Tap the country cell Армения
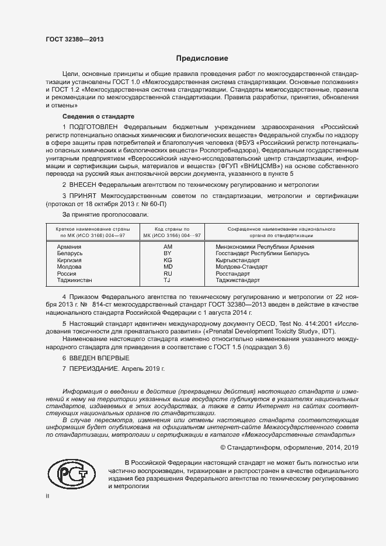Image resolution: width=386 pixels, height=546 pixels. pyautogui.click(x=69, y=247)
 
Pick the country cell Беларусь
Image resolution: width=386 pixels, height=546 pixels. pyautogui.click(x=70, y=253)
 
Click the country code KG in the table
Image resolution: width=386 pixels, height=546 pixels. pyautogui.click(x=168, y=260)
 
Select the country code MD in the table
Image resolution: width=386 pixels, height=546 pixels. pyautogui.click(x=168, y=267)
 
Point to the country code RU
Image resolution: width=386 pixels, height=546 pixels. pyautogui.click(x=168, y=274)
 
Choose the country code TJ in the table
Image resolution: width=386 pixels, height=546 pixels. pyautogui.click(x=167, y=280)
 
